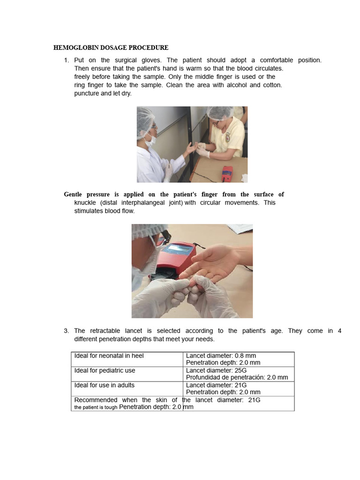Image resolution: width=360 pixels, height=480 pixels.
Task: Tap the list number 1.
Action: pos(67,60)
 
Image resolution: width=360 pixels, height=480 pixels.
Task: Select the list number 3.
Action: pos(67,331)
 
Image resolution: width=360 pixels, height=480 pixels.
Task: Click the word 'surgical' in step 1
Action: pos(126,60)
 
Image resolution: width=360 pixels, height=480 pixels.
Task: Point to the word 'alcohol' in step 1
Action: pos(236,85)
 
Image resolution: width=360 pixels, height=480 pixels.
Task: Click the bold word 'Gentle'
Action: pos(73,195)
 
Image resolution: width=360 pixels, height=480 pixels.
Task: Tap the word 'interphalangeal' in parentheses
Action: pos(143,202)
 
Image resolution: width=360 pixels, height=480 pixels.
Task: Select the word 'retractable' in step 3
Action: pos(105,331)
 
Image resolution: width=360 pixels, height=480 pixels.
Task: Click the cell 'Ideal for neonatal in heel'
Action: pos(109,356)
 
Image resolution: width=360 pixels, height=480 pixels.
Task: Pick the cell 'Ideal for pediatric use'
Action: pos(105,370)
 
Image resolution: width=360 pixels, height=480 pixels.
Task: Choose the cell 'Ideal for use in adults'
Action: pos(105,385)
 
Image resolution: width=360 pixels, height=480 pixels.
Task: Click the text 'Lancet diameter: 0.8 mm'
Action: pos(221,356)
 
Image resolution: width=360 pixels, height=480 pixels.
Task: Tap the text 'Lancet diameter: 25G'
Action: pos(217,370)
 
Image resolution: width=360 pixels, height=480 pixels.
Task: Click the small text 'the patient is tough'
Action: pos(96,407)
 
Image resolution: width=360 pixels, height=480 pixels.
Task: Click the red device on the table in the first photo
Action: pos(227,174)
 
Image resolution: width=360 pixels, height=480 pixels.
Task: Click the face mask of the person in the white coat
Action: pos(150,140)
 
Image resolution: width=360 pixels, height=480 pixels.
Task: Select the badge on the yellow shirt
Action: pos(227,138)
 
